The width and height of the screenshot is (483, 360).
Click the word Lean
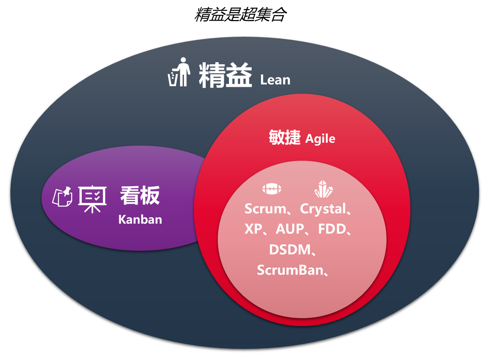point(275,80)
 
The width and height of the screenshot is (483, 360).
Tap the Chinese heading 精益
point(225,75)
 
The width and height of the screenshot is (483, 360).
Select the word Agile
point(320,139)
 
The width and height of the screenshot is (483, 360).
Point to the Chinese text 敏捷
point(284,138)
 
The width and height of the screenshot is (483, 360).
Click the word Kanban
point(140,219)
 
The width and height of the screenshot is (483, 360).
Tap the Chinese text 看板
point(140,195)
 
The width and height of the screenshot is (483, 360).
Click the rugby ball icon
point(272,189)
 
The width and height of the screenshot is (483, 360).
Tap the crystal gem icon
point(323,189)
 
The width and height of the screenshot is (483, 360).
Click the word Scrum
point(265,209)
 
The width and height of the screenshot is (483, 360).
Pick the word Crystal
point(322,209)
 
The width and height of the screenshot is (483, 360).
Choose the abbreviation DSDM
point(290,250)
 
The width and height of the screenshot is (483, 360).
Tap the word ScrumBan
point(290,270)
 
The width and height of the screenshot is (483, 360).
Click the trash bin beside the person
point(172,79)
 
